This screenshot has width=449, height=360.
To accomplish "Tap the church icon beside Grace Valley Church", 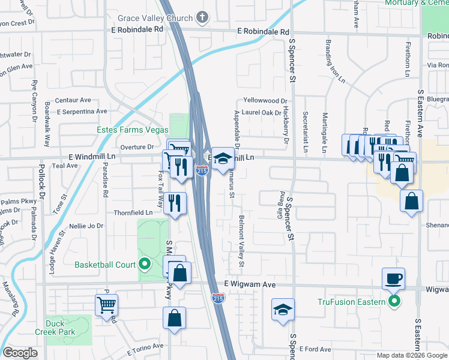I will tap(203, 17).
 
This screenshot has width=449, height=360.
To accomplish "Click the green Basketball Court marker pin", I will tap(145, 264).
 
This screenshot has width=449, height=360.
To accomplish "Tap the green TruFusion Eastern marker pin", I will tap(394, 301).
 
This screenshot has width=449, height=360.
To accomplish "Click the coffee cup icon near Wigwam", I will tap(394, 279).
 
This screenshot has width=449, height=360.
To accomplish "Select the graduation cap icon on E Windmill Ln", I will tap(223, 159).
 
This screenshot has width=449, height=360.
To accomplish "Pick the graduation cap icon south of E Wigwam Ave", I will tap(283, 310).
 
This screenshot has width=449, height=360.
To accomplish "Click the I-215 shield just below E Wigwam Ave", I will tap(218, 297).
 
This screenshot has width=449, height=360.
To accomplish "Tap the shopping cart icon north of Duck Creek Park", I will tap(106, 305).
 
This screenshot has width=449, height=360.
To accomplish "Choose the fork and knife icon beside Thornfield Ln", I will tap(175, 203).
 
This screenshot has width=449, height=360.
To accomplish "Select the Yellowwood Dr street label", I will tap(265, 101).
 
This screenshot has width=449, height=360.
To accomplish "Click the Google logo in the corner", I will tap(20, 353).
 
